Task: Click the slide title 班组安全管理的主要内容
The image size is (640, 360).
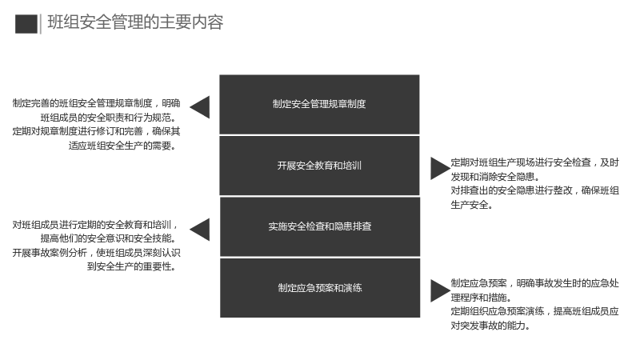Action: (135, 22)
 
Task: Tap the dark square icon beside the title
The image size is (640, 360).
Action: (26, 24)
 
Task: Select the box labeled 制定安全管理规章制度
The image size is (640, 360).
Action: (319, 105)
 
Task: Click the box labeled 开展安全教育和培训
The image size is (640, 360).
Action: (319, 166)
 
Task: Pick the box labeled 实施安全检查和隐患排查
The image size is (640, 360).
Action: (320, 226)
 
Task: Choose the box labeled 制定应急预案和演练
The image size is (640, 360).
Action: (320, 288)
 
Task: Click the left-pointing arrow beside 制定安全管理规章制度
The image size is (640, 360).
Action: (200, 107)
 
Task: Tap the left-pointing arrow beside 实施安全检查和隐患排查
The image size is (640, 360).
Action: (200, 230)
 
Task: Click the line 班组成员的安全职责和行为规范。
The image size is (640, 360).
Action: (109, 118)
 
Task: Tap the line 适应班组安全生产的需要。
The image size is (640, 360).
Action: (122, 146)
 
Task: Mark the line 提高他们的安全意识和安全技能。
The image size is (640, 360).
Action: (109, 238)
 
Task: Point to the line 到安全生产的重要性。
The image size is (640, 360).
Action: (132, 266)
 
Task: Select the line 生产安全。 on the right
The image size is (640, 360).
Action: (472, 205)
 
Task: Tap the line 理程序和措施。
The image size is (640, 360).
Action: (482, 298)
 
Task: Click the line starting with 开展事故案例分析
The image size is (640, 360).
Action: (96, 253)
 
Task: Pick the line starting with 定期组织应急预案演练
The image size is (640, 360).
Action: (534, 311)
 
